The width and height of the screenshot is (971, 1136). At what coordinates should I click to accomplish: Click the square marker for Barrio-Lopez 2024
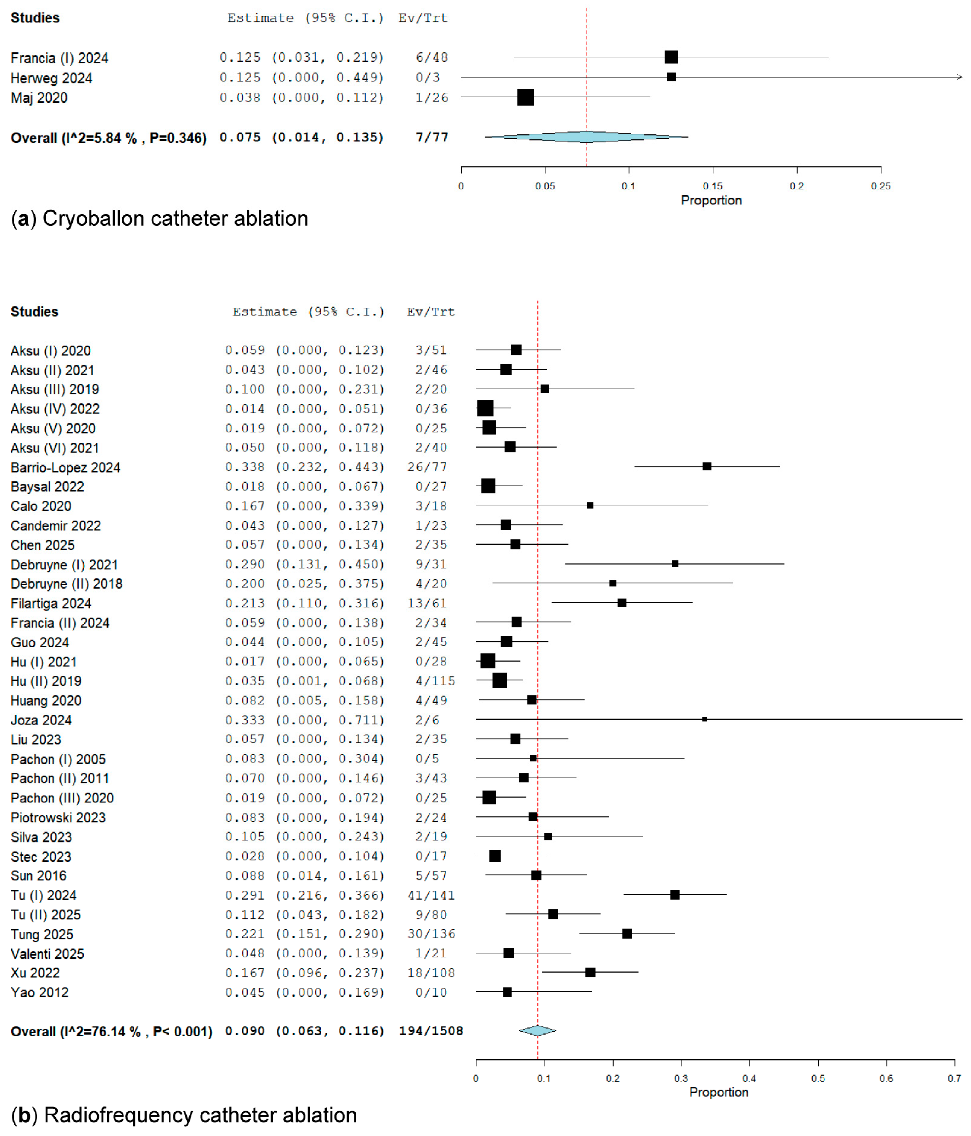[x=707, y=466]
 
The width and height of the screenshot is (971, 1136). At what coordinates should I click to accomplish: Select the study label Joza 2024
[x=41, y=720]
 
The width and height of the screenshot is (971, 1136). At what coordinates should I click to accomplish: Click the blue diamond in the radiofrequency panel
[x=537, y=1031]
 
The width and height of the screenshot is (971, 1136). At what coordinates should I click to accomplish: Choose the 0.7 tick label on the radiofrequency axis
[x=954, y=1078]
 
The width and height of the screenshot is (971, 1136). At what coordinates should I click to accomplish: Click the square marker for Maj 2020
[x=525, y=97]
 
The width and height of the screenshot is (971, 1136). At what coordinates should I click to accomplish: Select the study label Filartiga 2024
[x=51, y=603]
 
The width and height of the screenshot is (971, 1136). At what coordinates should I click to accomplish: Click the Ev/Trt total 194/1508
[x=431, y=1031]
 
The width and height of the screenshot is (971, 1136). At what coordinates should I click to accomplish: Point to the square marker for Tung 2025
[x=627, y=933]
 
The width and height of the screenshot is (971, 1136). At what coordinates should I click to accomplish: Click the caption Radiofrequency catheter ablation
[x=200, y=1115]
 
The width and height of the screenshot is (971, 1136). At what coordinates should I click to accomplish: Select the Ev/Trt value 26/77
[x=431, y=467]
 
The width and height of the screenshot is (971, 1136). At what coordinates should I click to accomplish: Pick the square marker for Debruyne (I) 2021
[x=675, y=564]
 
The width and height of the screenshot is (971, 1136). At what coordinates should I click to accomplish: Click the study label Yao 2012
[x=40, y=992]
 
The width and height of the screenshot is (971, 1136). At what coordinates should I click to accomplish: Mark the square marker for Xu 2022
[x=590, y=972]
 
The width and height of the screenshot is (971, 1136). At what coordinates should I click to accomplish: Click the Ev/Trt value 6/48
[x=432, y=57]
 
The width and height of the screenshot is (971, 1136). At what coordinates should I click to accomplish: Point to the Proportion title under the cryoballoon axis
[x=711, y=200]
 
